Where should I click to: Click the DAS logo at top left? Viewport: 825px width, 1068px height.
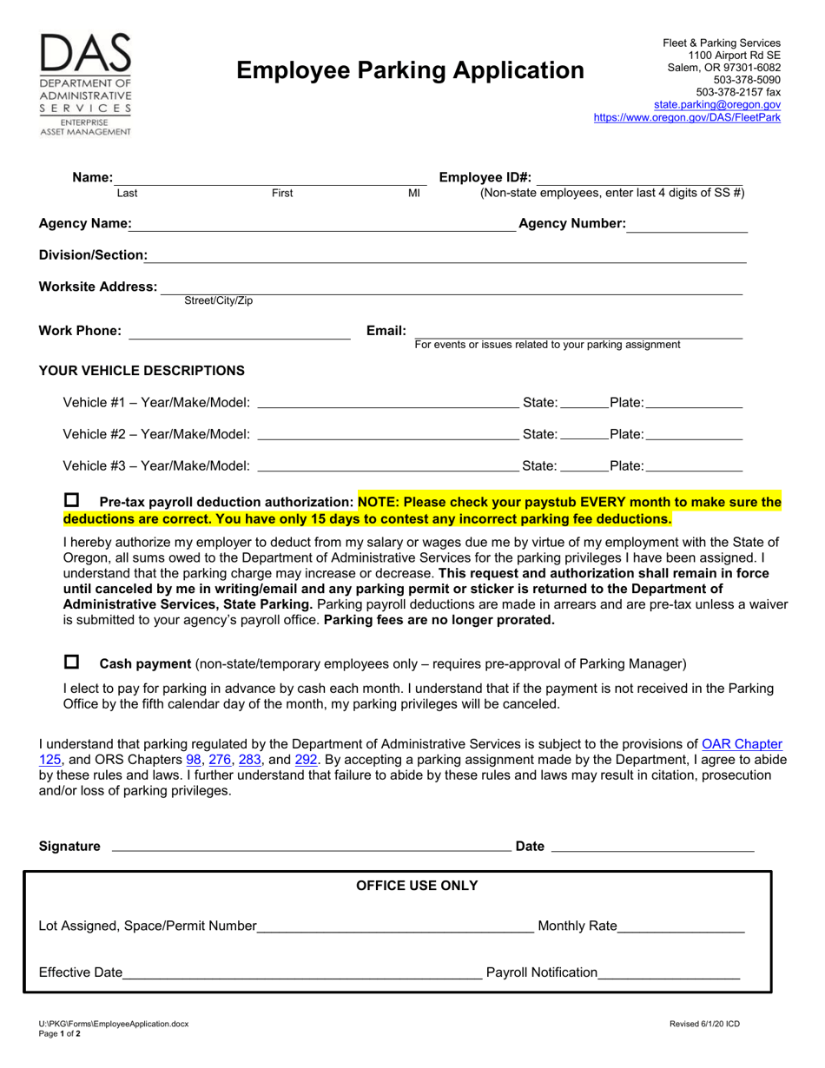85,84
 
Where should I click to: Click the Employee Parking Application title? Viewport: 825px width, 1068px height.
411,70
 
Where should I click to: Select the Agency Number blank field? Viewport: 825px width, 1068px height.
687,225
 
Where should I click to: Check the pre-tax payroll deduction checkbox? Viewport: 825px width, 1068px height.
71,501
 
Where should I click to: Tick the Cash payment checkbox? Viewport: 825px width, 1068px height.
71,663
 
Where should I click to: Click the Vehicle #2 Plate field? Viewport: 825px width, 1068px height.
695,433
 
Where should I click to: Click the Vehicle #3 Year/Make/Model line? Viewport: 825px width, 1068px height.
388,465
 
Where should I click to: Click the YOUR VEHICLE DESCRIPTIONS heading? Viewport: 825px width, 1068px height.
142,371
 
